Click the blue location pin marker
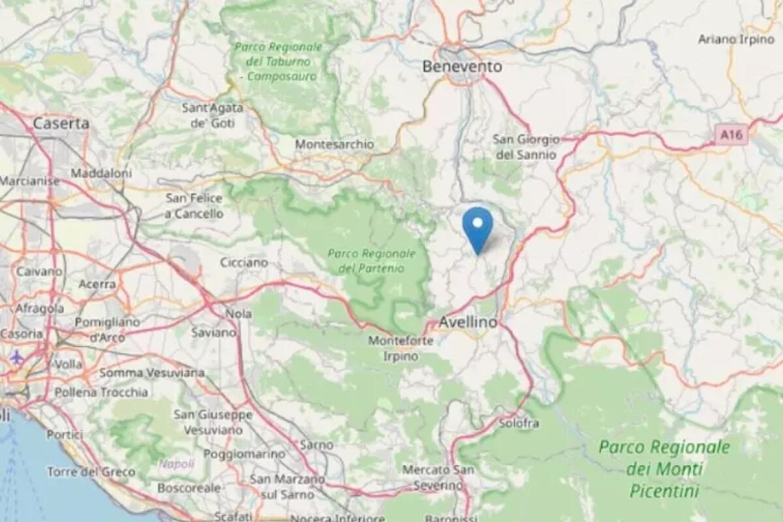[478, 229]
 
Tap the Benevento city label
[462, 67]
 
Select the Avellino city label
[468, 322]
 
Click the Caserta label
[61, 123]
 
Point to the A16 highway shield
[730, 135]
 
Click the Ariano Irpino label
[735, 39]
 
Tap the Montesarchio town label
[335, 144]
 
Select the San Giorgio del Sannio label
[526, 147]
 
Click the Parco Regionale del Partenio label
[371, 260]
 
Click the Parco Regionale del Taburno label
[279, 61]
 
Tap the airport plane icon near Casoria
[17, 357]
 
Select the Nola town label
[238, 314]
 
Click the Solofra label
[519, 423]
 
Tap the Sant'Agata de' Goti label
[213, 115]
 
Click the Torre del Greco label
[91, 472]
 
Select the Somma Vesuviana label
[151, 373]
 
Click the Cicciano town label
[244, 262]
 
